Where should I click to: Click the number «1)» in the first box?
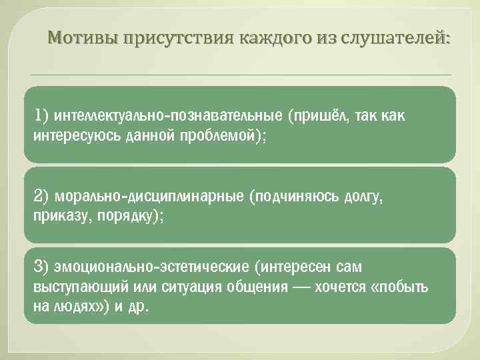(41, 117)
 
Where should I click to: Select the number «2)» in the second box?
(41, 197)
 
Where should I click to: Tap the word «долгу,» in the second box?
(364, 197)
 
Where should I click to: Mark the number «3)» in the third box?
(41, 268)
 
